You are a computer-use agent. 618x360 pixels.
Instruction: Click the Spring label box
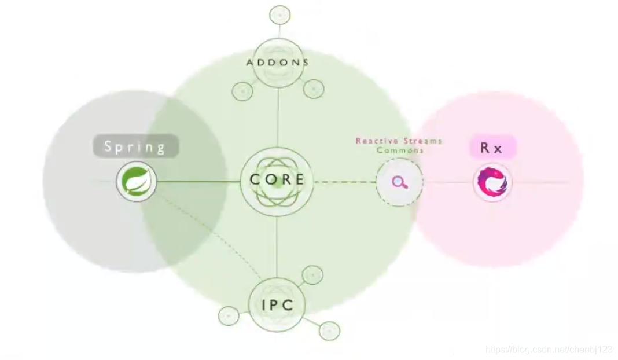[136, 146]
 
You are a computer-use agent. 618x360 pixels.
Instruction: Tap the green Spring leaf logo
[137, 181]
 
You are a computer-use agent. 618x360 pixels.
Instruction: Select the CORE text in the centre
[278, 179]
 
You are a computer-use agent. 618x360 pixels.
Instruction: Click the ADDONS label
[278, 63]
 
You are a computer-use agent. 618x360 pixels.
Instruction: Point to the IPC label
[278, 305]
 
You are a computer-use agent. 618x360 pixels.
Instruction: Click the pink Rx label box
[492, 147]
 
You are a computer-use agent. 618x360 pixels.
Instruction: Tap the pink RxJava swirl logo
[492, 182]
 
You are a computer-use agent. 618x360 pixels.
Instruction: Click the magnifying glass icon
[400, 182]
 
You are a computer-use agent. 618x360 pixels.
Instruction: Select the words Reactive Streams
[399, 141]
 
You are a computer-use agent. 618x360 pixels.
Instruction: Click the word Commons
[400, 150]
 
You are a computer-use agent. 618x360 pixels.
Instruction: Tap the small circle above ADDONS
[280, 15]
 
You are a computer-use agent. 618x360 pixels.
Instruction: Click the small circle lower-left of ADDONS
[242, 91]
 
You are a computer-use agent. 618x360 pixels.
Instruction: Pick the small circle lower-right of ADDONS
[314, 89]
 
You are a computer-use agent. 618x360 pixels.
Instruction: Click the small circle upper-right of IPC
[312, 275]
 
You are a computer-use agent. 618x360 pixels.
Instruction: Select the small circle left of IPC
[229, 315]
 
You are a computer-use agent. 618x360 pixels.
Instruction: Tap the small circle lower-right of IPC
[329, 330]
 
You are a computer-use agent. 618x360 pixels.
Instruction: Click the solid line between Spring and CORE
[198, 182]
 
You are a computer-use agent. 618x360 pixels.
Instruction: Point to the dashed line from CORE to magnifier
[345, 182]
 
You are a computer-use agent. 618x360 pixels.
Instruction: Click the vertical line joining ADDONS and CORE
[278, 117]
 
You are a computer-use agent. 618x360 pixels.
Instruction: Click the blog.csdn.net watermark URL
[549, 350]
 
